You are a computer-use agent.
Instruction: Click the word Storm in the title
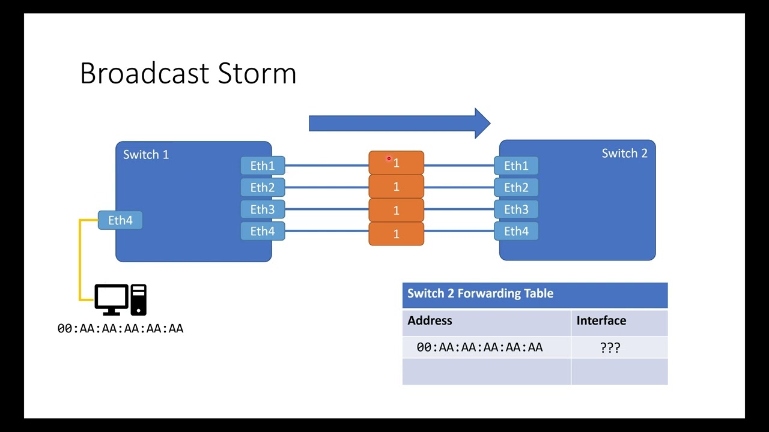point(257,73)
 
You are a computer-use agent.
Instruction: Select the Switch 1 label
point(146,155)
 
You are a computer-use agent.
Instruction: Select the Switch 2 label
point(624,154)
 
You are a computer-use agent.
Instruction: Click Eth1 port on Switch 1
point(263,166)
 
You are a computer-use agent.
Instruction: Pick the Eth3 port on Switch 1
point(263,209)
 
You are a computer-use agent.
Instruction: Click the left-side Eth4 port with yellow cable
point(120,220)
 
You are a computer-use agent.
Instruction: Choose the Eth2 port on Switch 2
point(516,188)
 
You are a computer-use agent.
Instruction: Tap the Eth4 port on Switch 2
point(516,232)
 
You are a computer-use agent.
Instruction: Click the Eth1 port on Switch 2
point(516,166)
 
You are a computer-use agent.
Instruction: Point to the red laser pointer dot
point(389,159)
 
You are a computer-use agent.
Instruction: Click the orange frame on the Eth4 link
point(396,234)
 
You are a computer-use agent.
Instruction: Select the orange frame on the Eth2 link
point(396,187)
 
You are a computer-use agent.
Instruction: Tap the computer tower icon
point(139,299)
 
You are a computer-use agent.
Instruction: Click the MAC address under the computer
point(120,328)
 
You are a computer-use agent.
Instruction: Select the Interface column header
point(601,320)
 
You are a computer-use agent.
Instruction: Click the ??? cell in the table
point(610,347)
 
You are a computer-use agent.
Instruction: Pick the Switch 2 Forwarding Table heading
point(480,293)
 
